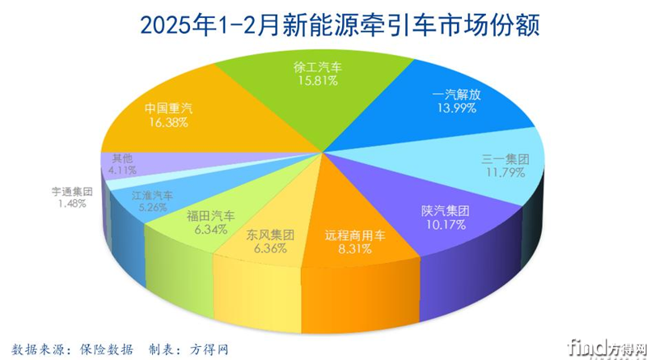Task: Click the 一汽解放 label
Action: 457,94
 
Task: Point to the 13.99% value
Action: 457,108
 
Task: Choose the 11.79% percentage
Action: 505,173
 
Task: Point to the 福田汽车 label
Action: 210,215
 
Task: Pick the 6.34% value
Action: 210,229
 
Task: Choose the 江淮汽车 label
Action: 152,194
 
